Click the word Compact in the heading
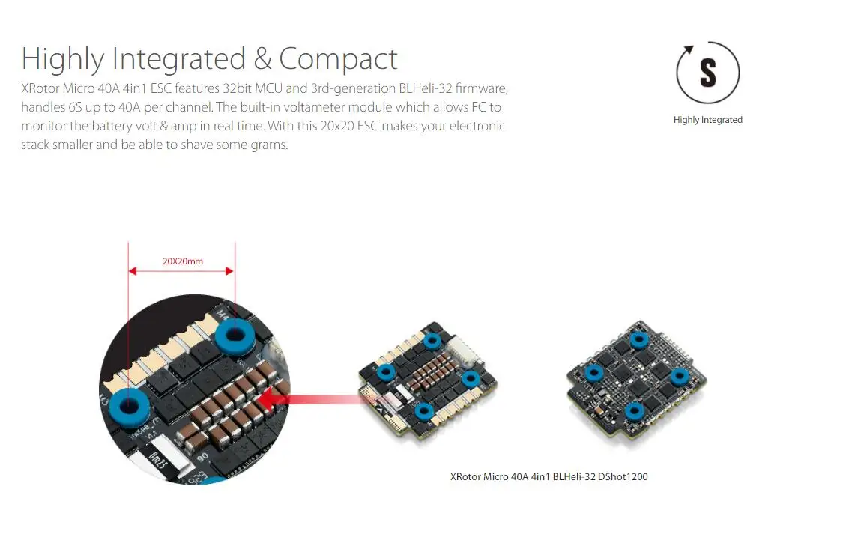338,59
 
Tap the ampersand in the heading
262,59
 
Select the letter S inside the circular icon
707,73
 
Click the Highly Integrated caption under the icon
707,120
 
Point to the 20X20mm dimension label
182,262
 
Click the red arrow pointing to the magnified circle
315,400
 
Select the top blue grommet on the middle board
432,342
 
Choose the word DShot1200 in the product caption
623,476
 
